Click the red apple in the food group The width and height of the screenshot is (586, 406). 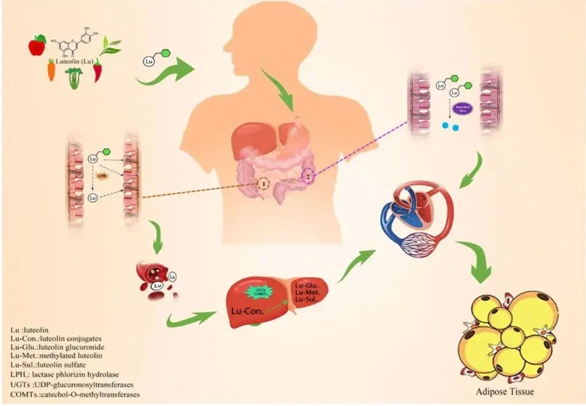tap(36, 46)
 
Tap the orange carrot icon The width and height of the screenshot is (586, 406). tap(51, 69)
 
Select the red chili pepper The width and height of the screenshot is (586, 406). tap(98, 70)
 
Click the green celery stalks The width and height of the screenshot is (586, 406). tap(74, 78)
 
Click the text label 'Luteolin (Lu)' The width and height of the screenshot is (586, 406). tap(75, 62)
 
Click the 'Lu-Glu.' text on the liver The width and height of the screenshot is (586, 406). tap(305, 287)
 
